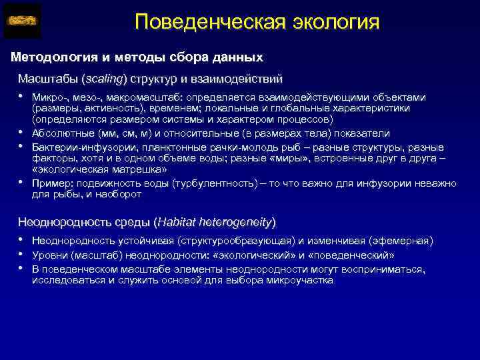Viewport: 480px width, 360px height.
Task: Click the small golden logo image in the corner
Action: (x=22, y=21)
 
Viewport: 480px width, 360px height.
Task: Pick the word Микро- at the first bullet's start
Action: (x=47, y=97)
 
